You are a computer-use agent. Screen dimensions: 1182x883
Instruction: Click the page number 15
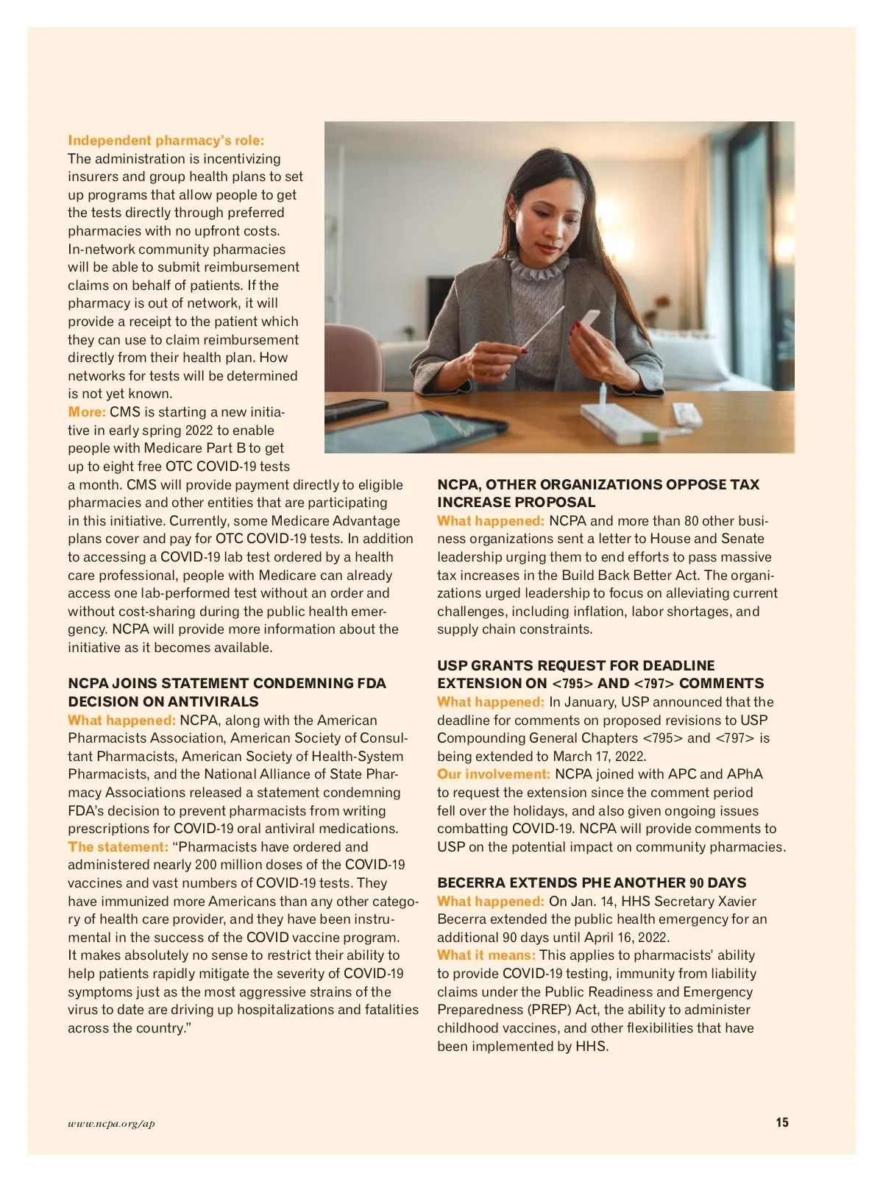781,1122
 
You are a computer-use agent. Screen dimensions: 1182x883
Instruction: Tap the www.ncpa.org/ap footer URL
111,1123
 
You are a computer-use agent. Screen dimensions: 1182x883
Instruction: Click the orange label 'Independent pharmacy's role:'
166,140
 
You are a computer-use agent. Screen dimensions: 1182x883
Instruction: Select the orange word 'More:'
87,411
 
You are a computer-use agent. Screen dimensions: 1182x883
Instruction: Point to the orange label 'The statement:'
118,846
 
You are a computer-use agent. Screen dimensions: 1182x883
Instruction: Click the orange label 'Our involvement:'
493,774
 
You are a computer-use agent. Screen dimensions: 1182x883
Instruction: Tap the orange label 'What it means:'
486,955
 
